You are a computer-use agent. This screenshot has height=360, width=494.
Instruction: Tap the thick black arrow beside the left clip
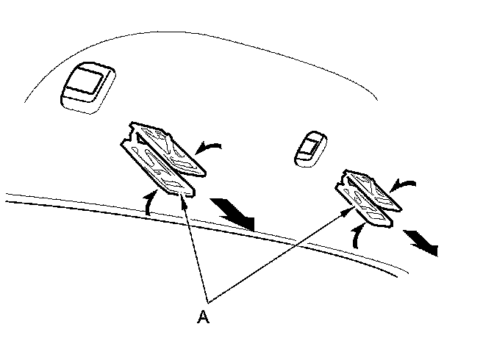coord(233,214)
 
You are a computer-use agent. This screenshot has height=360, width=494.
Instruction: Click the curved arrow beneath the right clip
coord(357,235)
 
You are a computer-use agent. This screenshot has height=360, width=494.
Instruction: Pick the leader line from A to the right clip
coord(279,253)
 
